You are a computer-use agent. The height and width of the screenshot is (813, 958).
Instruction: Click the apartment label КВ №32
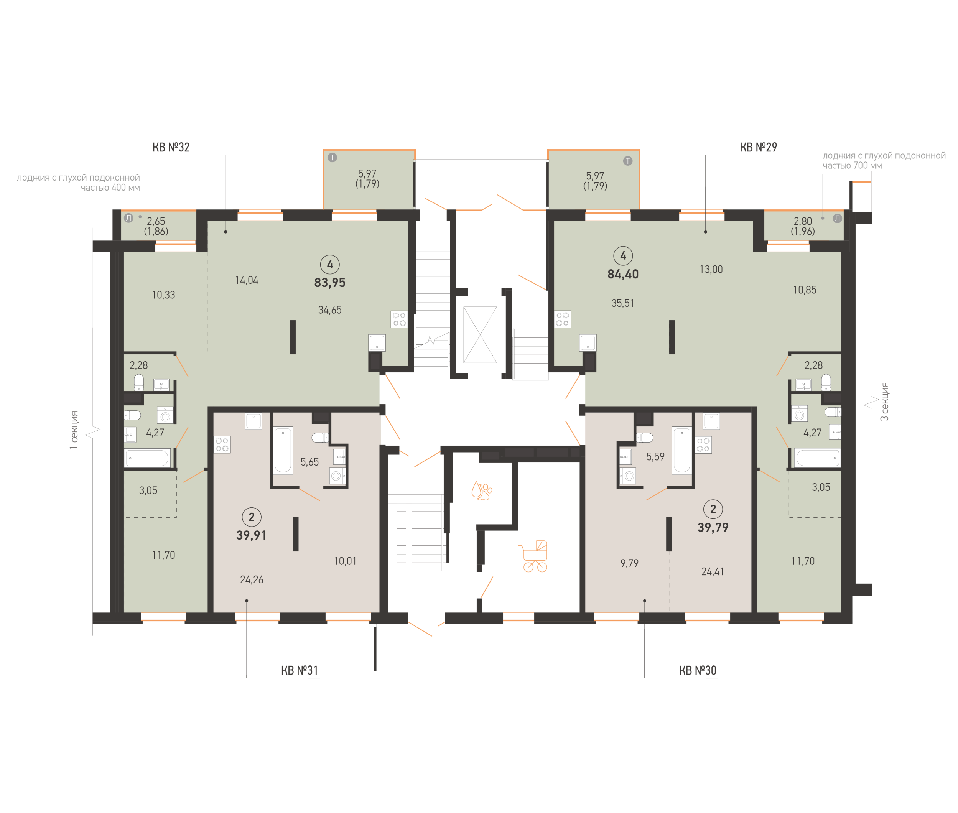(171, 148)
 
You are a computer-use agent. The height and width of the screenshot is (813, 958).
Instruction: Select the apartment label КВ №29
(758, 148)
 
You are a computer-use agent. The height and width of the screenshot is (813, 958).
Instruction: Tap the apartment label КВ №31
(300, 671)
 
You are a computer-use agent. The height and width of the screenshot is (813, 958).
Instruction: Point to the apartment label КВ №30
(697, 671)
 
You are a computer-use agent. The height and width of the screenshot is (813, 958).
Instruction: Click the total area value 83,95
(329, 283)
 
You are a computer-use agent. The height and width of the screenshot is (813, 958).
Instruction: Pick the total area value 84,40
(622, 274)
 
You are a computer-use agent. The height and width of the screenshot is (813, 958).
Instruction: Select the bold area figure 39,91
(251, 535)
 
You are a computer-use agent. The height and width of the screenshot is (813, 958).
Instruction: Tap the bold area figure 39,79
(713, 527)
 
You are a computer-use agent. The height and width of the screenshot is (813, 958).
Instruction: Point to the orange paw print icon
(482, 491)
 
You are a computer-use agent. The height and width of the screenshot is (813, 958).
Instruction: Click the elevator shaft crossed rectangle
(480, 335)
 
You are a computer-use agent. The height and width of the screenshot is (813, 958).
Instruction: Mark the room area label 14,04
(247, 280)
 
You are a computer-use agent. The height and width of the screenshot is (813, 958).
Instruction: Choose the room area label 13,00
(711, 269)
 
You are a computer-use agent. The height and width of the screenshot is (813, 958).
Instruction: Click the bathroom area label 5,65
(309, 462)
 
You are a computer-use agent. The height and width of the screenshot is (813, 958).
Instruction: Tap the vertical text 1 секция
(74, 430)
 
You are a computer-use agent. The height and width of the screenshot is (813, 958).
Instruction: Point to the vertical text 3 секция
(884, 402)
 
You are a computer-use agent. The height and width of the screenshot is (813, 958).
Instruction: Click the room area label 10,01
(345, 561)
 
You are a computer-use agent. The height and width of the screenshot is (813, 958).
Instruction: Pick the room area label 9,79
(629, 563)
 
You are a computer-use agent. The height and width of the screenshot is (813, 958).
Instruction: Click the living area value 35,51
(622, 303)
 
